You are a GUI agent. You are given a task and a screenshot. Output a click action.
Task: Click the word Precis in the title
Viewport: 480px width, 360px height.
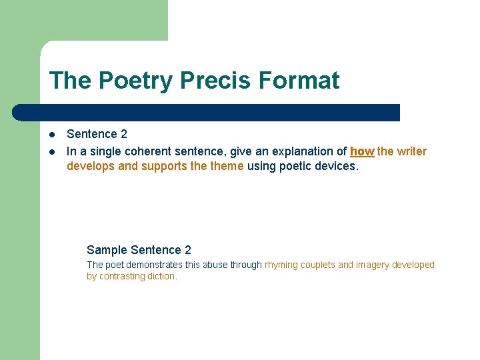[217, 81]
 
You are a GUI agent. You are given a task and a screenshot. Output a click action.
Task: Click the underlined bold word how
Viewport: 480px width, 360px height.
[362, 151]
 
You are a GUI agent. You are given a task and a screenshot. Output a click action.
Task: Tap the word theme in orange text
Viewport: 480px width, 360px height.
[227, 166]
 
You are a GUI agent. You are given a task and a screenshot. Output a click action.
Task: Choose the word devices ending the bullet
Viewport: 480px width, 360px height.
[337, 166]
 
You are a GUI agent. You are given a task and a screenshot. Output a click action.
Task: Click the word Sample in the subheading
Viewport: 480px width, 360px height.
[107, 250]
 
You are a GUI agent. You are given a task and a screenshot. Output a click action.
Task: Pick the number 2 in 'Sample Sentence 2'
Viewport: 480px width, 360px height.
[188, 250]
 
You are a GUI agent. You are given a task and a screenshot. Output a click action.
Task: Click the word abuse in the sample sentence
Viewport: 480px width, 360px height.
[215, 265]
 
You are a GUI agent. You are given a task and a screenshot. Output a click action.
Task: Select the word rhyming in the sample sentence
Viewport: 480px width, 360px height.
[281, 265]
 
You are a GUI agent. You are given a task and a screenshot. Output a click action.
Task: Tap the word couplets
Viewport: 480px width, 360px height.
[317, 265]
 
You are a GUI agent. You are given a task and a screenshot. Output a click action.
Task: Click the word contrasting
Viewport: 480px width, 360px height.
[121, 276]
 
